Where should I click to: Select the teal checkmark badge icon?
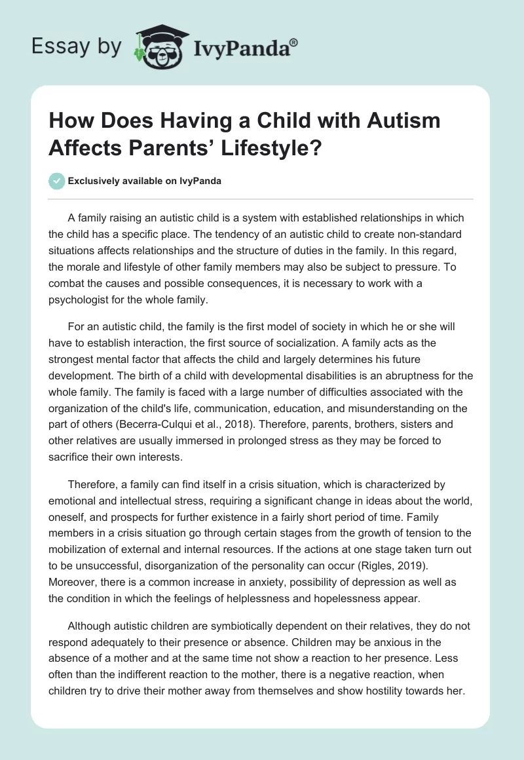(57, 181)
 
